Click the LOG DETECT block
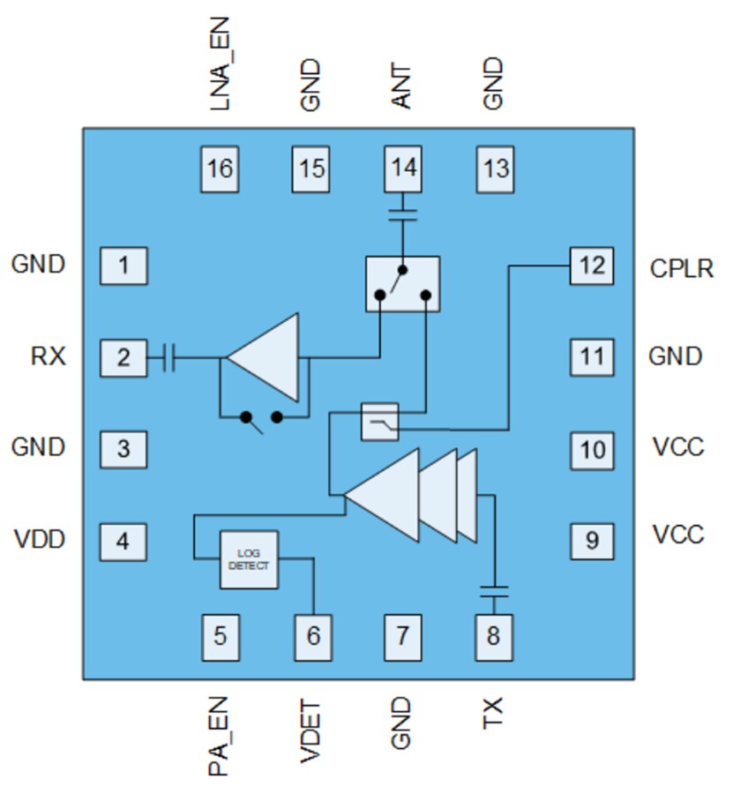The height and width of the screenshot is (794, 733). tap(249, 559)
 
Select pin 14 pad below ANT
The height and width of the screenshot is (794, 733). tap(403, 168)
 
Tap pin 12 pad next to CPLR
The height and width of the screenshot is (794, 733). tap(591, 265)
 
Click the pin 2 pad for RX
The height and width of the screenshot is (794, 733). tap(123, 357)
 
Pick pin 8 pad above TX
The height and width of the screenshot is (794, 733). tap(492, 634)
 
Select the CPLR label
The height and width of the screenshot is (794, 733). tap(681, 267)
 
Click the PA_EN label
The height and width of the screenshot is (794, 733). tap(219, 737)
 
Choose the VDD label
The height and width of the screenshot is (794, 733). tap(40, 538)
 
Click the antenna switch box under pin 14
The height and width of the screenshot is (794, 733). tap(402, 284)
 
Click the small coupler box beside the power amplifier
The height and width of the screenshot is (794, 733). tap(380, 422)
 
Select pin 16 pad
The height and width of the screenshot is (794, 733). tap(220, 168)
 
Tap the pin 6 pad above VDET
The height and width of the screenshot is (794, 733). tap(313, 634)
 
